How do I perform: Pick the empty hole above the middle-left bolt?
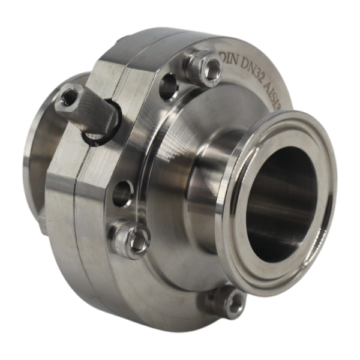(124, 191)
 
